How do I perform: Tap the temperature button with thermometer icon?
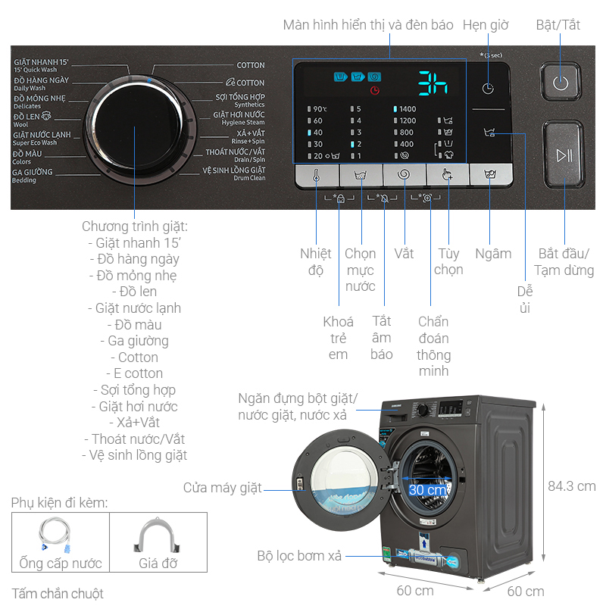pyautogui.click(x=316, y=176)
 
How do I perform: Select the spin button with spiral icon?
pyautogui.click(x=403, y=176)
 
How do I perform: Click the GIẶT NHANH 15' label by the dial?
pyautogui.click(x=41, y=65)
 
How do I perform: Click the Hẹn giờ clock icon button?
pyautogui.click(x=488, y=88)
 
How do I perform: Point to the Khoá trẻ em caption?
pyautogui.click(x=339, y=338)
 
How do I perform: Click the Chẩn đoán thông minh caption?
pyautogui.click(x=433, y=346)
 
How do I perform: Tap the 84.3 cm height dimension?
pyautogui.click(x=572, y=486)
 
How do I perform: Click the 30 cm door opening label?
pyautogui.click(x=427, y=489)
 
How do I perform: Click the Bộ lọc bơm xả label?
pyautogui.click(x=298, y=556)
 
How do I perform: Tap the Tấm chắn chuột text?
pyautogui.click(x=58, y=594)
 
